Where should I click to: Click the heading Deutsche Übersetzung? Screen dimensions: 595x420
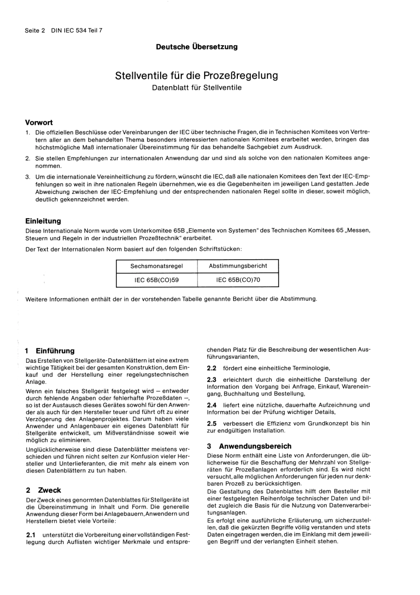(197, 47)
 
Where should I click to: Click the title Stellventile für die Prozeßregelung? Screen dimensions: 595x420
(197, 75)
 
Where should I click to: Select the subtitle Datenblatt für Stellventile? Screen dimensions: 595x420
(197, 88)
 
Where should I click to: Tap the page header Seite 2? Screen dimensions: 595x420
(35, 31)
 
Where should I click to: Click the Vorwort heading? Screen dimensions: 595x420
(39, 123)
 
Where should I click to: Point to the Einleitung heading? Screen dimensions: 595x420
(43, 221)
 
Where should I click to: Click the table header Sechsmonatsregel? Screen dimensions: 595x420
(157, 266)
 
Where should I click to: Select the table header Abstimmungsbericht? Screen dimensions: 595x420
(238, 265)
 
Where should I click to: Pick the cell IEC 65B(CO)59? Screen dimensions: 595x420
(157, 280)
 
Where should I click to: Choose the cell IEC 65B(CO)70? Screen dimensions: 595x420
(238, 280)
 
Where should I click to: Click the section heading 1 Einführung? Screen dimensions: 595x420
(50, 351)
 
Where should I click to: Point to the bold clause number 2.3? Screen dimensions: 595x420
(212, 380)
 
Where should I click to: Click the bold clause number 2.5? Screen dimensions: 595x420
(212, 423)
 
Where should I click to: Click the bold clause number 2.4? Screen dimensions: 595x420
(212, 405)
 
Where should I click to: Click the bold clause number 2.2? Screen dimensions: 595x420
(212, 368)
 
